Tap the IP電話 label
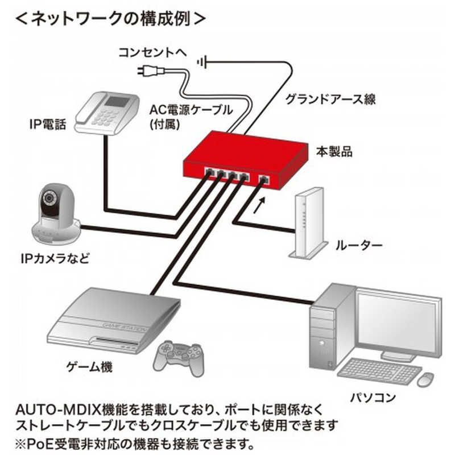point(47,125)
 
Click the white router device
point(307,225)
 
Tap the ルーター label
point(358,246)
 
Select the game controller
point(180,355)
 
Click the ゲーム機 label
point(90,367)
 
